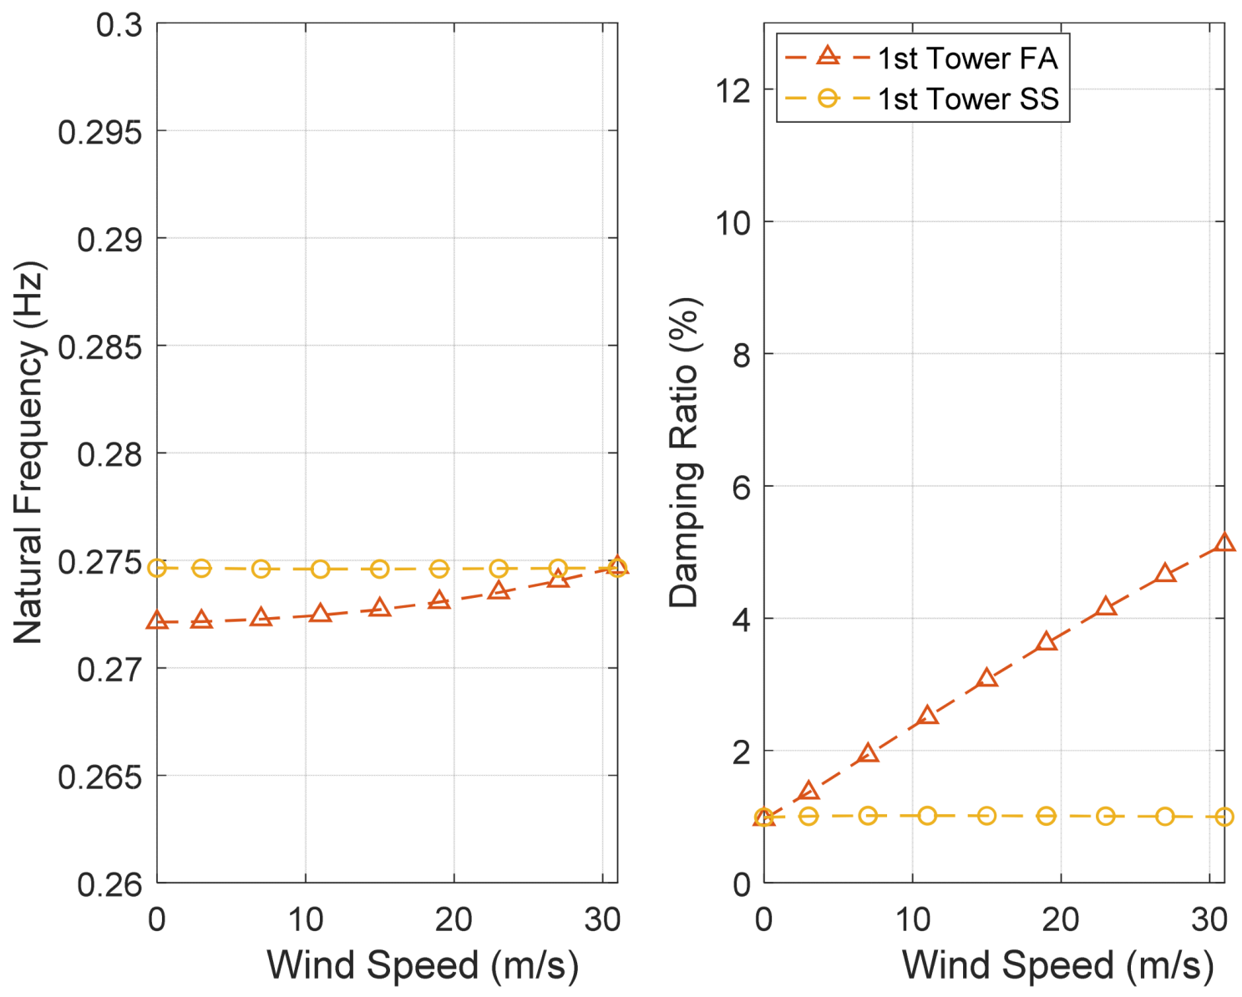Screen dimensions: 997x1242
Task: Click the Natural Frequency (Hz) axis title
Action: coord(28,453)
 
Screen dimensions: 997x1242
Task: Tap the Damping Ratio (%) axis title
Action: coord(684,453)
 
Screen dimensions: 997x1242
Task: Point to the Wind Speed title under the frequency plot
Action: coord(422,965)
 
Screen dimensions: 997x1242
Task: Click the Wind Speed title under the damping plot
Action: coord(1057,965)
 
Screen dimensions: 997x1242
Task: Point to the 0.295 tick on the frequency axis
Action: coord(99,132)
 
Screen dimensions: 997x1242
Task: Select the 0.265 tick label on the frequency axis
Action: coord(99,777)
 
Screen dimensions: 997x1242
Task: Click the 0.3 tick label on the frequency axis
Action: coord(119,25)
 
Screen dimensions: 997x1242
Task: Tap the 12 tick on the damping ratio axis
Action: coord(733,90)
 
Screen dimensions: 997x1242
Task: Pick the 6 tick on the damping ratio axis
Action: coord(742,487)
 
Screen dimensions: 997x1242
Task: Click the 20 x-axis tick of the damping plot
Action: coord(1061,919)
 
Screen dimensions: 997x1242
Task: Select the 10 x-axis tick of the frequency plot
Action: coord(306,919)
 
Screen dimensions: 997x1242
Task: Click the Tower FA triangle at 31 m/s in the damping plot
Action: coord(1224,544)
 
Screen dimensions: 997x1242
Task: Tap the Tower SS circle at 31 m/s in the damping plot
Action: coord(1224,817)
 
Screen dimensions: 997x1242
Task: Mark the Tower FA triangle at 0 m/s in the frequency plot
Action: coord(157,621)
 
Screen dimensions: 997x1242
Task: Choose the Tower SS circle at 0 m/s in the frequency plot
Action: coord(157,568)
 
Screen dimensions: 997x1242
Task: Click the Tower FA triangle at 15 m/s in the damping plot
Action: coord(987,678)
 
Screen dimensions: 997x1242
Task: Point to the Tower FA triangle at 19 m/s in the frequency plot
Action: coord(439,600)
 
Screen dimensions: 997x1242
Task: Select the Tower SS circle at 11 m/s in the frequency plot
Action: coord(321,569)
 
